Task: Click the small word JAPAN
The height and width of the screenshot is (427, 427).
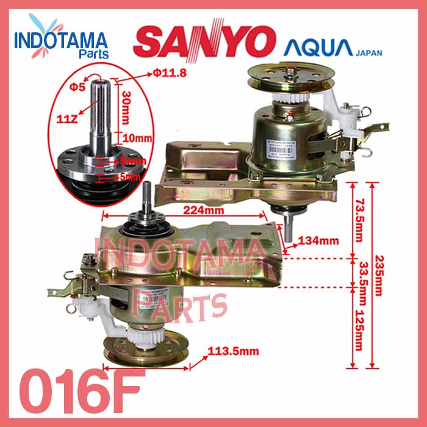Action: pyautogui.click(x=368, y=52)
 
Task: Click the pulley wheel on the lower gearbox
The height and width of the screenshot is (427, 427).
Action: pyautogui.click(x=144, y=353)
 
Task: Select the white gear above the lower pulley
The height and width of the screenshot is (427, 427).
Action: pyautogui.click(x=144, y=334)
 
